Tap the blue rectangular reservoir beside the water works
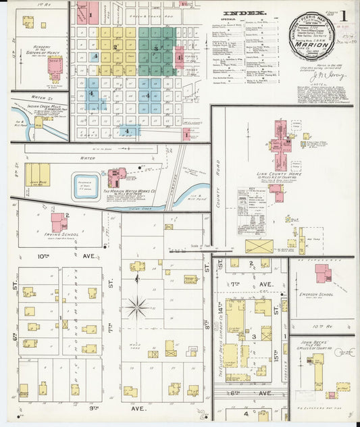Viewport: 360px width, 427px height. (86, 186)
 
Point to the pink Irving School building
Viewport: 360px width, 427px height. (59, 222)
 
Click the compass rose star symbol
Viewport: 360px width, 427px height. (137, 307)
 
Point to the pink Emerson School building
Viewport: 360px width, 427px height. (323, 273)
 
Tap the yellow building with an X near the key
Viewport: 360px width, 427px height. (259, 246)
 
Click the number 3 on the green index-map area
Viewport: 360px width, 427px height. (156, 49)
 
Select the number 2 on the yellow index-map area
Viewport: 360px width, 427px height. (115, 47)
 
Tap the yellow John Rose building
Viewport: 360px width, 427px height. (37, 174)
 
